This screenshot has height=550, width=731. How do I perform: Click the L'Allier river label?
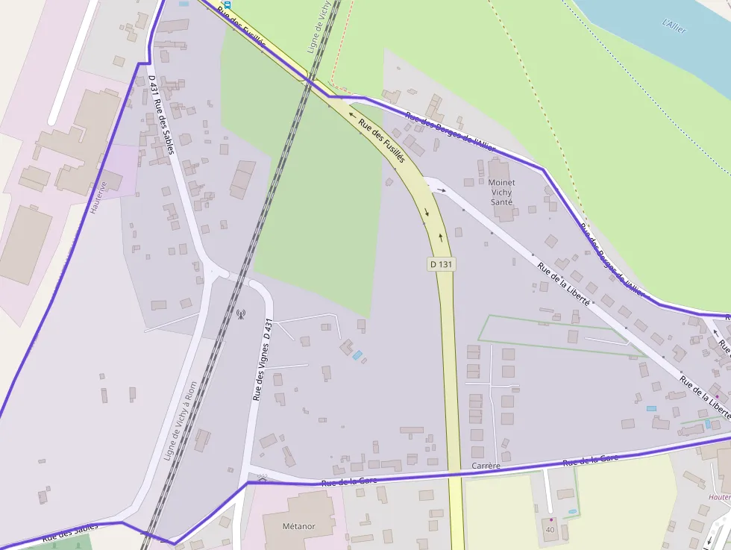click(x=674, y=25)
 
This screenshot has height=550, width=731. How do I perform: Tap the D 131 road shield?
click(x=441, y=264)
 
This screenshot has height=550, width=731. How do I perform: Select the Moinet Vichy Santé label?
click(x=501, y=192)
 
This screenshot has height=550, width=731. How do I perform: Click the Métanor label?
click(x=299, y=526)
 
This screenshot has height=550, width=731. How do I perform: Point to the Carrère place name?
click(x=486, y=466)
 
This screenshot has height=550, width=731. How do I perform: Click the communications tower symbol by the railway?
click(x=241, y=313)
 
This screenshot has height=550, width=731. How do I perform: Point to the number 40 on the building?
click(x=551, y=529)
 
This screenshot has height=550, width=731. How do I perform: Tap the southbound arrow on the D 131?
click(x=427, y=212)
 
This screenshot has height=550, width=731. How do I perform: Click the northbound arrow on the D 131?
click(x=441, y=237)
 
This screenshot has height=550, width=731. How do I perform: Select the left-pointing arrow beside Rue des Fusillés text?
click(x=351, y=116)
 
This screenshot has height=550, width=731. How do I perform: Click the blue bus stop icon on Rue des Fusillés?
click(x=227, y=4)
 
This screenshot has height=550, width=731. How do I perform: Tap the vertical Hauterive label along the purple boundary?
click(x=98, y=197)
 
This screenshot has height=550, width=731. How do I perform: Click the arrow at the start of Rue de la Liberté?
click(x=442, y=190)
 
